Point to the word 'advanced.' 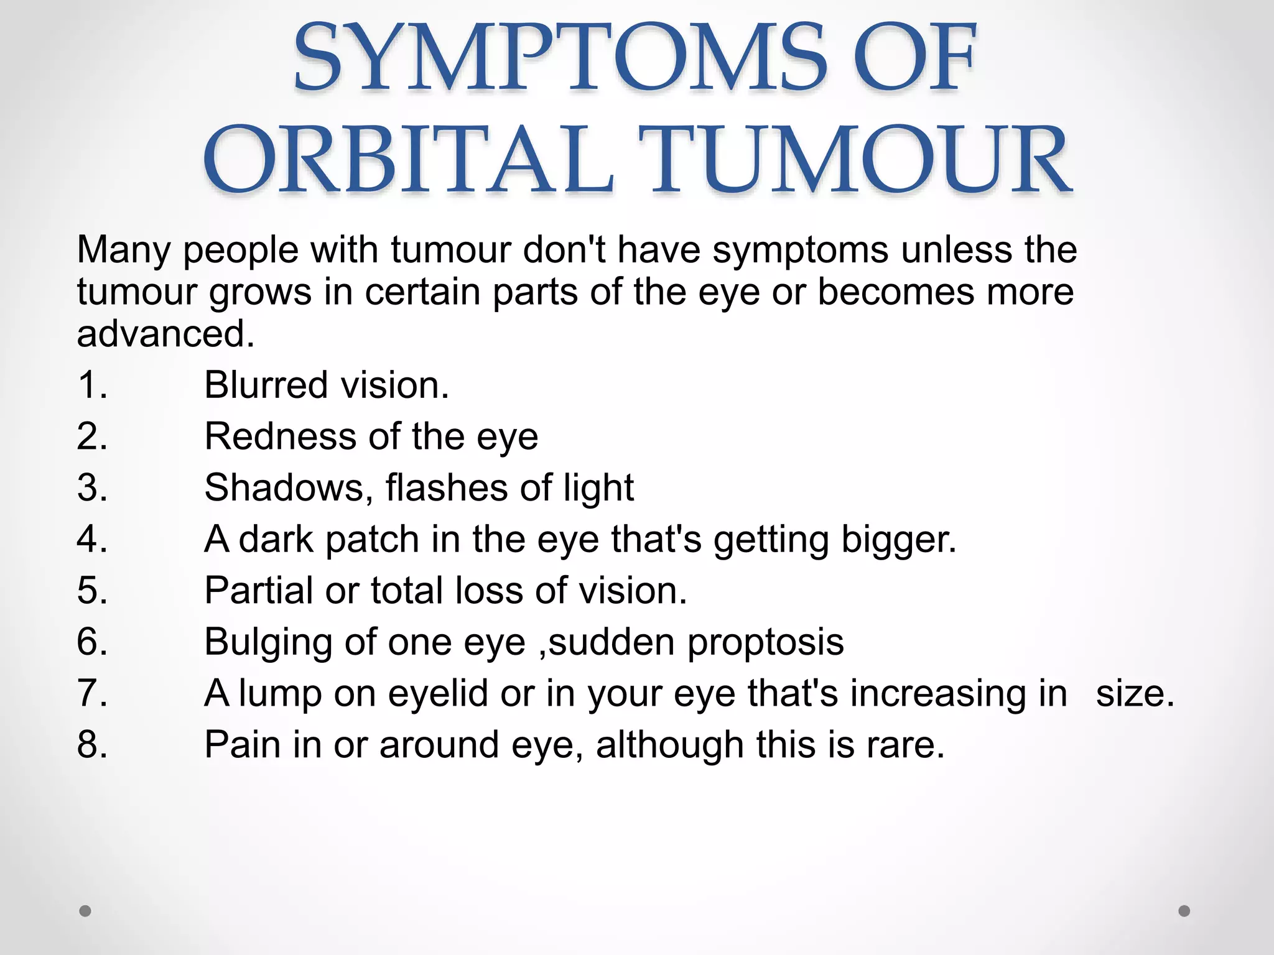pos(165,334)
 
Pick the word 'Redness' pos(281,436)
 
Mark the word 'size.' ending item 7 pos(1135,693)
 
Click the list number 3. pos(92,487)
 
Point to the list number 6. pos(92,642)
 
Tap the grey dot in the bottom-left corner pos(85,911)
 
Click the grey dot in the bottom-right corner pos(1184,911)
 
